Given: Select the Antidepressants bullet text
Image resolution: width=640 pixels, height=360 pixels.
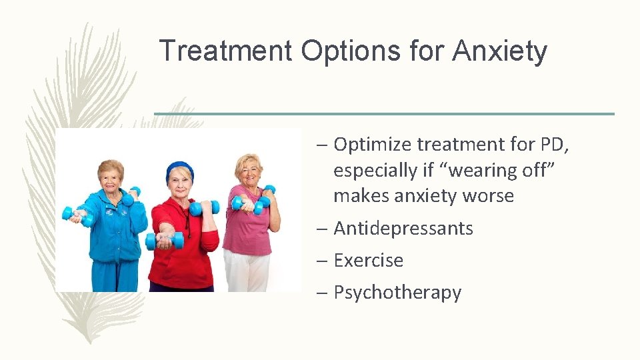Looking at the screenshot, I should pos(403,228).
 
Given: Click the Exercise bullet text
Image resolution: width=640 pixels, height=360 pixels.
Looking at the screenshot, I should pos(368,260).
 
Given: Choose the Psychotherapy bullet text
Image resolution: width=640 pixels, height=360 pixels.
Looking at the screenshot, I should pos(397,292).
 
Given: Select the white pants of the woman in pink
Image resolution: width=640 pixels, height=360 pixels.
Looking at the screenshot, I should pos(246,270).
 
